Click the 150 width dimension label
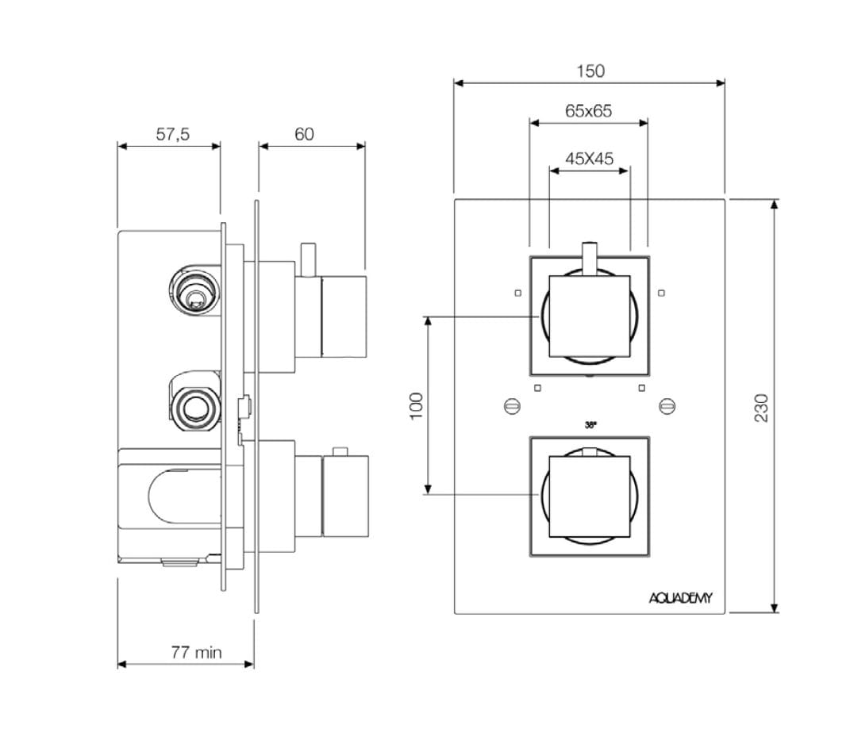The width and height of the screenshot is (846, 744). [590, 71]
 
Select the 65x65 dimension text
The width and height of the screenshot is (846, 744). [588, 111]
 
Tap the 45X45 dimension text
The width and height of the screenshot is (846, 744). [589, 158]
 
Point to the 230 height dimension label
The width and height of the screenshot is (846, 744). [761, 407]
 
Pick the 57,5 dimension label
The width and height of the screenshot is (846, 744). [172, 134]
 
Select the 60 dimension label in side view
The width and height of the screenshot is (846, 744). [304, 134]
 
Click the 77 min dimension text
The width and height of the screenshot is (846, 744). [196, 652]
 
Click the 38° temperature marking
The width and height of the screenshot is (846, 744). [590, 425]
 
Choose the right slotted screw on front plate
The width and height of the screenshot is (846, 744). [667, 407]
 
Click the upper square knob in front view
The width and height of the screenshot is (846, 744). [589, 316]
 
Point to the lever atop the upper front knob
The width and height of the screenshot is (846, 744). [589, 258]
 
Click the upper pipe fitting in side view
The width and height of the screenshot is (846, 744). [194, 288]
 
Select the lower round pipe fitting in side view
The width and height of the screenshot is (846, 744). [193, 405]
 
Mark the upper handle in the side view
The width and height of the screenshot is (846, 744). [343, 316]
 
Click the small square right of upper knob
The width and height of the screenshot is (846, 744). [661, 293]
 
